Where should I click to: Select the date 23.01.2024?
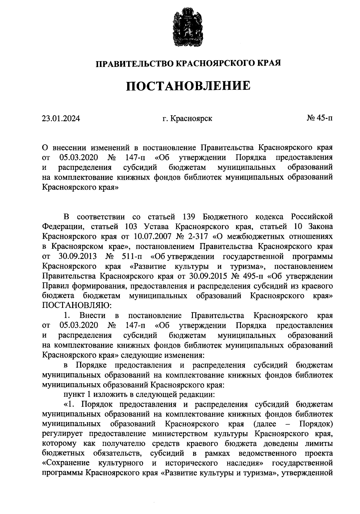point(61,119)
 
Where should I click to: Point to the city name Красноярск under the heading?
point(191,119)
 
